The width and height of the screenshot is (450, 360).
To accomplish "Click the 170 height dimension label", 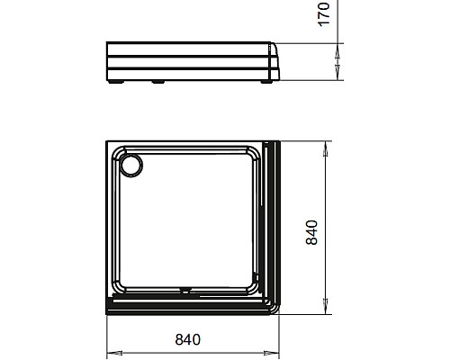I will [326, 13].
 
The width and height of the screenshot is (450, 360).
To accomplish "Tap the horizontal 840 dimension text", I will [186, 339].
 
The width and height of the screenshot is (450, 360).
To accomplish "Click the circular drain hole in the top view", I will [131, 165].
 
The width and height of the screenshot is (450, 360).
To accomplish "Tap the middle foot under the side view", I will [159, 83].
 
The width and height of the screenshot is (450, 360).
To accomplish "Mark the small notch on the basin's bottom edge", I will [185, 290].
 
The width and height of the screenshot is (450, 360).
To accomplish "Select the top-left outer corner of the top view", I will [108, 141].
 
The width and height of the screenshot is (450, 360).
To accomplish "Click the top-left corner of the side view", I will [107, 41].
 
